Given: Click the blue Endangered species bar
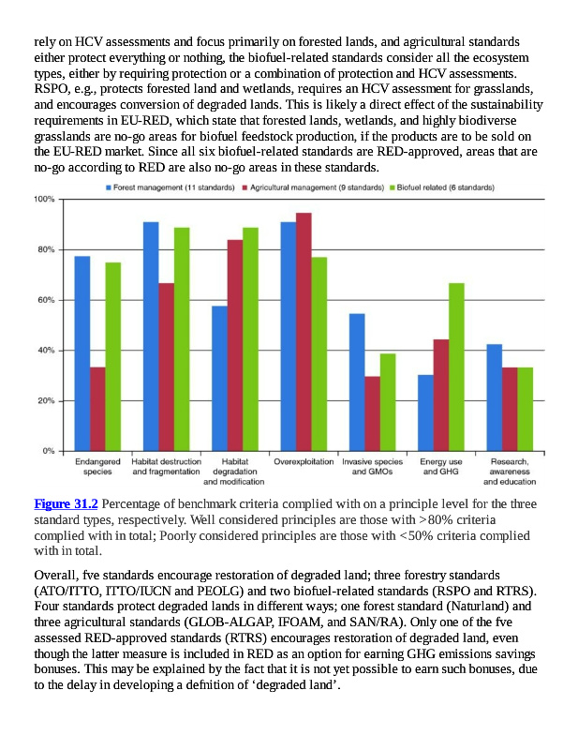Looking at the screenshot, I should pyautogui.click(x=82, y=353).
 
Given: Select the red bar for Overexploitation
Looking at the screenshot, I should pyautogui.click(x=304, y=332).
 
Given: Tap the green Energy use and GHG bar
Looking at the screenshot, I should pyautogui.click(x=456, y=367).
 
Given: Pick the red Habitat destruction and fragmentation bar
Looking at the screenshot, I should pyautogui.click(x=166, y=367).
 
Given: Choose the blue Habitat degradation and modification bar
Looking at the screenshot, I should pyautogui.click(x=219, y=378).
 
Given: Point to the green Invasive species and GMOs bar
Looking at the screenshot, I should pyautogui.click(x=388, y=402).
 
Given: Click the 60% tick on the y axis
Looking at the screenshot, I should pyautogui.click(x=47, y=300).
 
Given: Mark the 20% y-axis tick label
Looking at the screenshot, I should pyautogui.click(x=47, y=401).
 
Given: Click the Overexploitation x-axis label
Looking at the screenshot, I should pyautogui.click(x=304, y=462).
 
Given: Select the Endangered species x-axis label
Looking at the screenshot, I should pyautogui.click(x=97, y=467).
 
